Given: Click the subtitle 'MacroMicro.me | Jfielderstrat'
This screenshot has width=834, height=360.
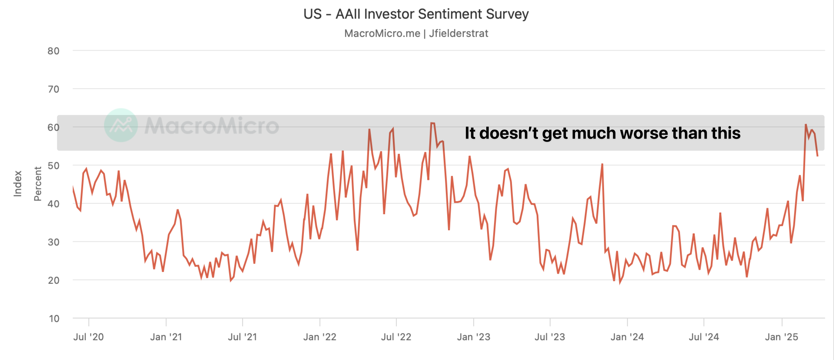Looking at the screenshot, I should (416, 33).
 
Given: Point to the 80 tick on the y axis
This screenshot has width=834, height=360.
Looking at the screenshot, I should (53, 51).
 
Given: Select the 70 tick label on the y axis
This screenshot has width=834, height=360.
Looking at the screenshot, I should (53, 89).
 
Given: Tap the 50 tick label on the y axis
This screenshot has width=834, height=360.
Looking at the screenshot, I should (53, 166).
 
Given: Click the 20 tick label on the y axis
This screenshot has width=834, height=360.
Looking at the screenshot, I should (53, 280).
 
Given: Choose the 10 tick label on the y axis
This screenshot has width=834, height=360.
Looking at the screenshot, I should (54, 319).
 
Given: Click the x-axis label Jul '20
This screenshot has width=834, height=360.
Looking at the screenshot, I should (88, 337).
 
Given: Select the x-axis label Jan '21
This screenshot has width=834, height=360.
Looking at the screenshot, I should (166, 337).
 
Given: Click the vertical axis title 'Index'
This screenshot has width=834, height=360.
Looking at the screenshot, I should (17, 184).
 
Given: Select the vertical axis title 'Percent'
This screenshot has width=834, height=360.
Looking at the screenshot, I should (38, 184).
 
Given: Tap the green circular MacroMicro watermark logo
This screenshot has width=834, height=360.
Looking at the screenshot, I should (121, 125).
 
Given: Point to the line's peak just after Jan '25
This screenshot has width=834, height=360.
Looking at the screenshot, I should (806, 125).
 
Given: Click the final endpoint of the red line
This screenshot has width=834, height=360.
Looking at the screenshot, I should (817, 156).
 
